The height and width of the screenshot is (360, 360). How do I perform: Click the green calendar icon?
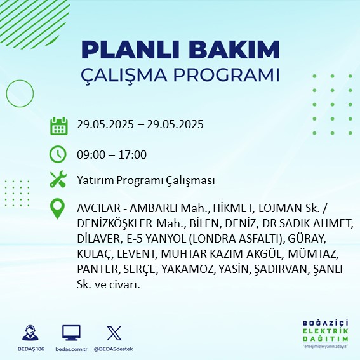pos(58,126)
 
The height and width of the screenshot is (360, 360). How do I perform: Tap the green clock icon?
pos(58,154)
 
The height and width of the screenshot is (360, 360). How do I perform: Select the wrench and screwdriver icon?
pos(58,180)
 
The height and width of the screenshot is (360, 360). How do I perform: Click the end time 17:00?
pos(133,155)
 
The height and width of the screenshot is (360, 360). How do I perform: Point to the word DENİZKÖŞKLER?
pos(115,224)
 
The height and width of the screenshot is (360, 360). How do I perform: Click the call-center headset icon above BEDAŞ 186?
pos(30,332)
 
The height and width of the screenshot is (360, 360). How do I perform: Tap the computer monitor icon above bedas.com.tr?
pos(71,332)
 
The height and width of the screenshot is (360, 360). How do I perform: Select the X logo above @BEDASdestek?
pos(113,332)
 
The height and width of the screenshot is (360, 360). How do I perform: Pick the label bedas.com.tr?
pos(71,349)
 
